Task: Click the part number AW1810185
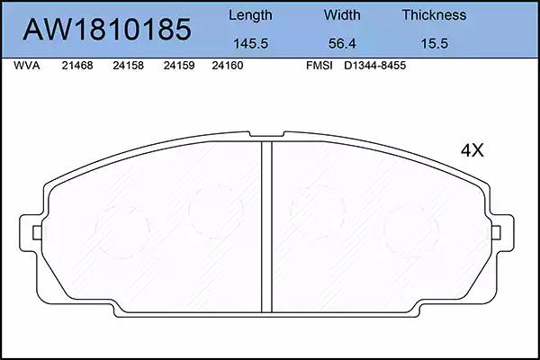[107, 30]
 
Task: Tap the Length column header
[250, 15]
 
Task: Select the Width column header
[342, 15]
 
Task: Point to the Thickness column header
[434, 15]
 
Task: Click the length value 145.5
[251, 44]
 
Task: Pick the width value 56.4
[342, 44]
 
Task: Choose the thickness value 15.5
[435, 44]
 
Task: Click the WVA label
[26, 66]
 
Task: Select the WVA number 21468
[77, 66]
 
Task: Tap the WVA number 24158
[128, 66]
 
